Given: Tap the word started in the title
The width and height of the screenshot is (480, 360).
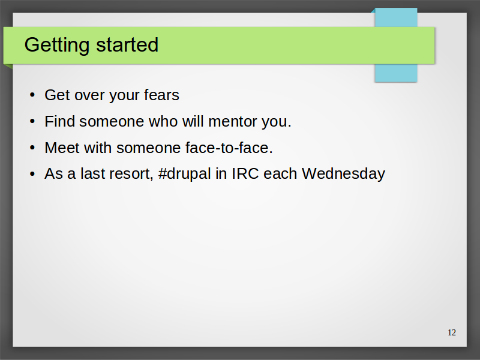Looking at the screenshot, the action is click(127, 45).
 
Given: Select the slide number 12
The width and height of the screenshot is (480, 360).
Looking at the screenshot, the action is click(452, 332).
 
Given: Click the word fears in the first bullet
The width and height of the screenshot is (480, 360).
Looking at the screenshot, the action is click(161, 95).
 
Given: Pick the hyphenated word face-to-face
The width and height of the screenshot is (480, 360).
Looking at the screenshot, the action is click(229, 148).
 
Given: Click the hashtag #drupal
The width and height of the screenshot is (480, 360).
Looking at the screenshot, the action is click(185, 174).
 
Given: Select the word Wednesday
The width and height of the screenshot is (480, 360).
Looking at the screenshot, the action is click(343, 174).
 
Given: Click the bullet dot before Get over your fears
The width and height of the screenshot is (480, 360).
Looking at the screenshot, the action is click(32, 95).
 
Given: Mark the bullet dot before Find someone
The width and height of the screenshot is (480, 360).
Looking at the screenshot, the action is click(32, 122).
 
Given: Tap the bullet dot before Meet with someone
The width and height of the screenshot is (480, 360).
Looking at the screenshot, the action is click(32, 148).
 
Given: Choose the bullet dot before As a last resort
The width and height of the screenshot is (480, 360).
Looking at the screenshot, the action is click(32, 174).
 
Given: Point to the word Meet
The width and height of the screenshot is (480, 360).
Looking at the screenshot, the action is click(62, 148).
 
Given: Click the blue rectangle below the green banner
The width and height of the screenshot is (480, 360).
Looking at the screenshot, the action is click(396, 73).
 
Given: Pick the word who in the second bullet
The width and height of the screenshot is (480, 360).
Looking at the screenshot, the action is click(163, 121).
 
